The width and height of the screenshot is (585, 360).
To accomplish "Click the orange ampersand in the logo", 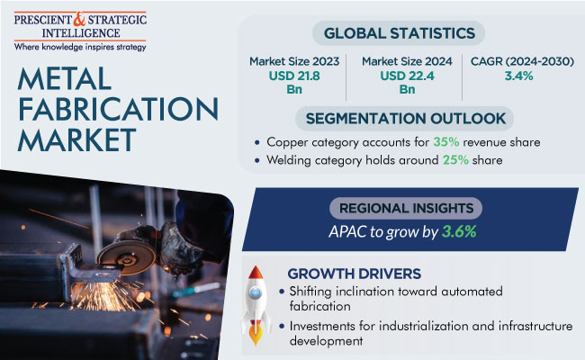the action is tap(79, 19).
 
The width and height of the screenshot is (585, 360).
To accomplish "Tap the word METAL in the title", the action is tap(64, 79).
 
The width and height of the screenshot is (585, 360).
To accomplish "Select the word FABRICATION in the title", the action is tap(118, 109).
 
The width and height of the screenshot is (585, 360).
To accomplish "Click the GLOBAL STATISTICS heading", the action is tap(400, 33).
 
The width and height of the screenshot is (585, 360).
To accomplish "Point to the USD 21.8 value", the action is tap(294, 76).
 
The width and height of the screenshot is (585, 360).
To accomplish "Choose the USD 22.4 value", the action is tap(407, 76).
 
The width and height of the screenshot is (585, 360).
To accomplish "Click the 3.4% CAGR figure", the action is tap(518, 76).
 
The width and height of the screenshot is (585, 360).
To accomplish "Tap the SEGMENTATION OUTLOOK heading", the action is tap(406, 119).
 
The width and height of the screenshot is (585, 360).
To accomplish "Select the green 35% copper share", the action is tap(445, 142).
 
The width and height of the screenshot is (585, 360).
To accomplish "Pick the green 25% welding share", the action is tap(455, 160).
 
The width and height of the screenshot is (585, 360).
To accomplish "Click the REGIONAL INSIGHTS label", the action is tap(406, 208).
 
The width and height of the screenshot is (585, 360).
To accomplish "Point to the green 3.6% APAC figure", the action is tap(459, 231).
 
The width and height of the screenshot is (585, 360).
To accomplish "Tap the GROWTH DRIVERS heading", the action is tap(354, 274).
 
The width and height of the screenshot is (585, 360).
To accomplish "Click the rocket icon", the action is tap(256, 305).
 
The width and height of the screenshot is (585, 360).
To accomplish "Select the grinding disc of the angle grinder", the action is tap(127, 258).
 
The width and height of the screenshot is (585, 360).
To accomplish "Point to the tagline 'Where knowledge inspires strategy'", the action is tap(80, 48).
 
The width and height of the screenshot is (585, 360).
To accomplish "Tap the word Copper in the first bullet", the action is tap(287, 142).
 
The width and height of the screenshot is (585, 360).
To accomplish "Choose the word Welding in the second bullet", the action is tap(289, 160).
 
